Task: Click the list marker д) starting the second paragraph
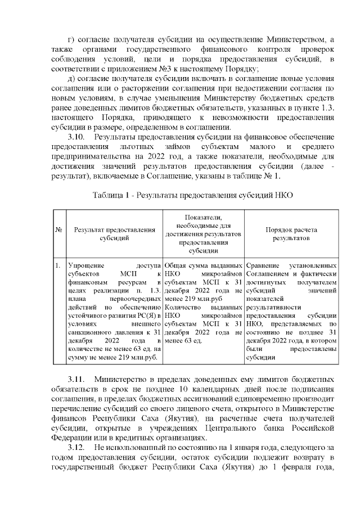(70, 78)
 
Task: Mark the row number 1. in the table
(58, 265)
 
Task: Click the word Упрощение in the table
(84, 265)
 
